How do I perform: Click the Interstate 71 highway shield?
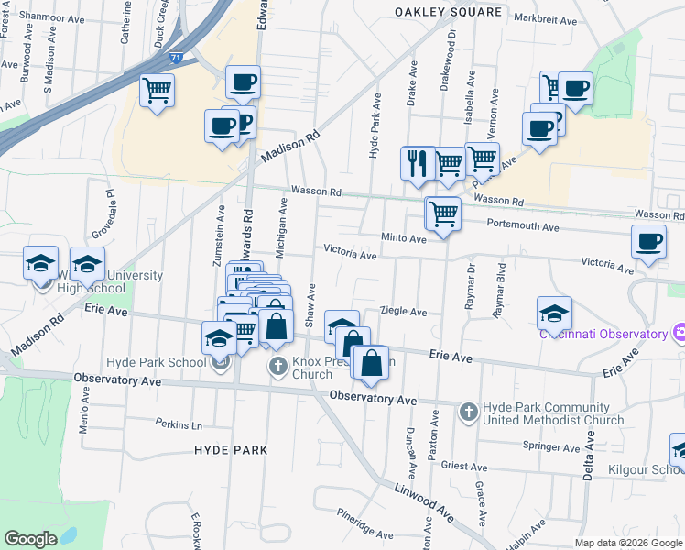[x=201, y=58]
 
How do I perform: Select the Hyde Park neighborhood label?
[x=231, y=450]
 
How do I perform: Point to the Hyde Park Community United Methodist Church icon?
[x=468, y=411]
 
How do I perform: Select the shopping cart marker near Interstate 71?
[x=158, y=91]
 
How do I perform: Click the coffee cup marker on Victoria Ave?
[x=648, y=242]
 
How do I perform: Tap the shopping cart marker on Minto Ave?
[x=443, y=214]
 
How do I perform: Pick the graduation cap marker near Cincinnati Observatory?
[x=554, y=313]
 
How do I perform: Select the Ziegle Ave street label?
[x=404, y=312]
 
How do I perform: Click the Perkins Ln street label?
[x=179, y=425]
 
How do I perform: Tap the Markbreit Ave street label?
[x=545, y=18]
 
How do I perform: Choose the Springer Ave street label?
[x=550, y=447]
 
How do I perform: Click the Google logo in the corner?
[x=29, y=539]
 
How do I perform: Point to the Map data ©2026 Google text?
[x=627, y=543]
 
